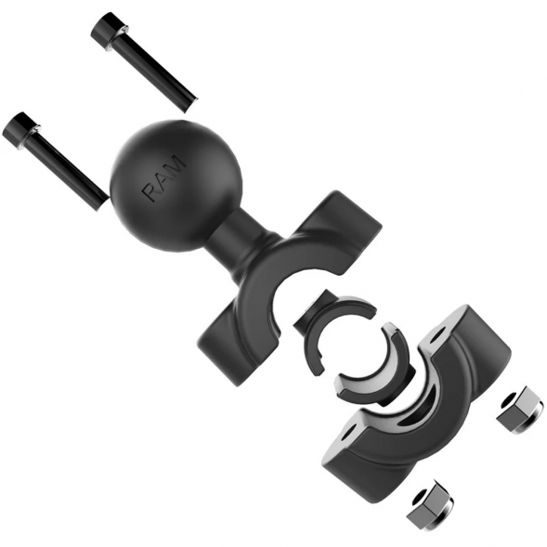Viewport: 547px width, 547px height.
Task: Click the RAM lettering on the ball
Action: [165, 180]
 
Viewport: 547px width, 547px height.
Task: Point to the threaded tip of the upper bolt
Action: [189, 100]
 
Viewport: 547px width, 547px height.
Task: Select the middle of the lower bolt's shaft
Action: [65, 167]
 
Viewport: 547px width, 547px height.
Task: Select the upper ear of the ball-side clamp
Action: [347, 219]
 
